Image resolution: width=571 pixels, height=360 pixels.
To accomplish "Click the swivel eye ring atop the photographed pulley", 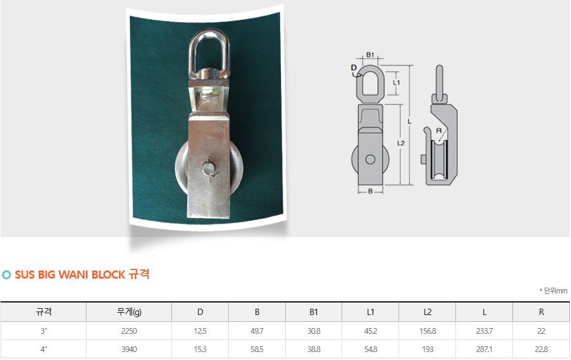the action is coord(191,55).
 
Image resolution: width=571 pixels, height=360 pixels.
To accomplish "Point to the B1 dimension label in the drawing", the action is coord(370,55).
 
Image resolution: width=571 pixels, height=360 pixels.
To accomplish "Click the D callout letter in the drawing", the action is coord(354,68).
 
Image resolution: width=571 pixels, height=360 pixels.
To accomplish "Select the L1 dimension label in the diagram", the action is coord(396,83).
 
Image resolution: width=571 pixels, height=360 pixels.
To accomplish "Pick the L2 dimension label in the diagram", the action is coord(401,143).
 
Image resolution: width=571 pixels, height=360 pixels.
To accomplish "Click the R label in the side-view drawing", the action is coord(439,130).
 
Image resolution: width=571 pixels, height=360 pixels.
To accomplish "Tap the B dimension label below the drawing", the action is coord(370,191).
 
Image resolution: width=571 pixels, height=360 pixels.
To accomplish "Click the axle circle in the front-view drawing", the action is coord(370,159).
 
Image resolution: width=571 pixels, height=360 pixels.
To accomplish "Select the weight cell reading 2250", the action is coord(129,331).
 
